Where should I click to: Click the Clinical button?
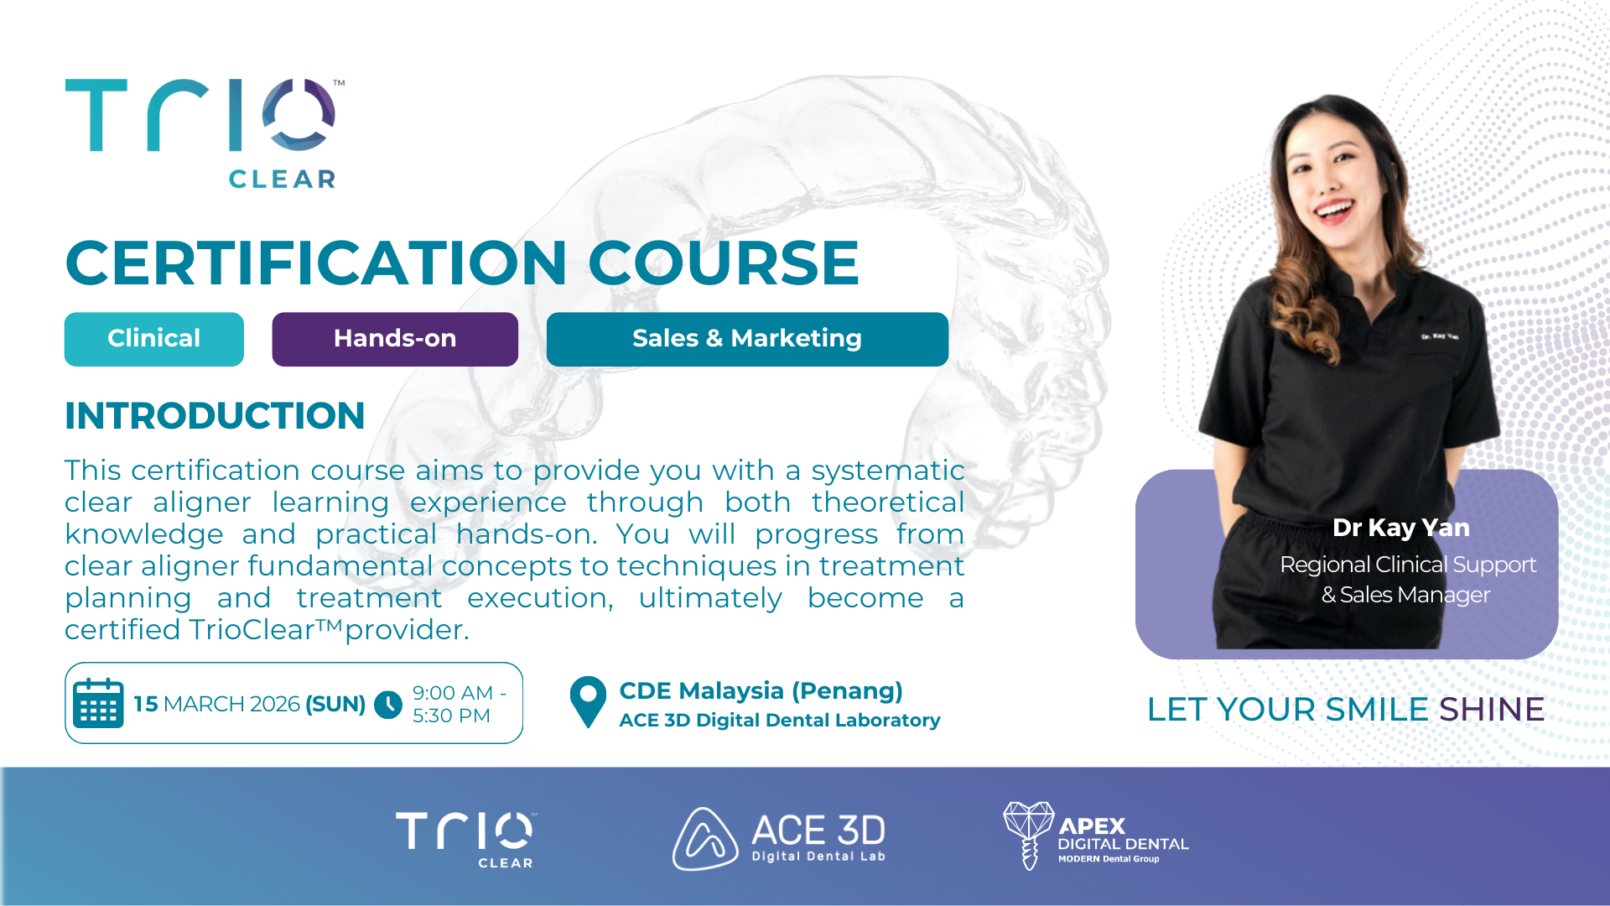[154, 339]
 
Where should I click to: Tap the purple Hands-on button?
[395, 339]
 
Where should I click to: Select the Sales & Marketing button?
[747, 339]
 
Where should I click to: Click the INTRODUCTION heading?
[215, 416]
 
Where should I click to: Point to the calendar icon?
[98, 703]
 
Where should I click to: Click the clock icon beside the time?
[388, 704]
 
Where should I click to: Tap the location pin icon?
[588, 702]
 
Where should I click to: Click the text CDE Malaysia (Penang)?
[761, 690]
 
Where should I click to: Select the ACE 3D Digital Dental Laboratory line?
[780, 720]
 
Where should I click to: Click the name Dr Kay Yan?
[1401, 528]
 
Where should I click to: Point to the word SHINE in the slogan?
[1492, 710]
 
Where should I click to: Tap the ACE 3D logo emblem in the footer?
[704, 839]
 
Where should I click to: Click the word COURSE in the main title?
[724, 263]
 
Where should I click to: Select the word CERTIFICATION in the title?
[317, 263]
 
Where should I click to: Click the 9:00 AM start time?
[453, 693]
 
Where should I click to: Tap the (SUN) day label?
[335, 704]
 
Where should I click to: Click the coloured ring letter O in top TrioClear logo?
[299, 115]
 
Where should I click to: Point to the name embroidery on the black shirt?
[1440, 336]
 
